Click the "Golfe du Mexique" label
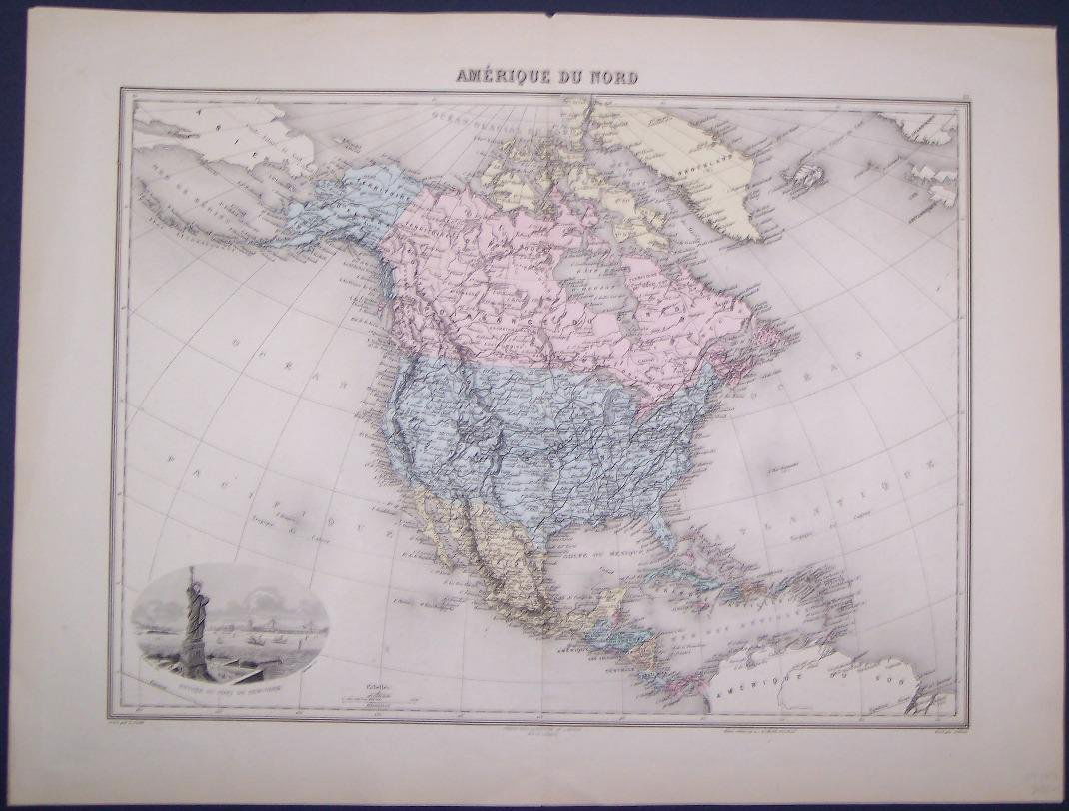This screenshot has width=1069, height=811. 599,541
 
